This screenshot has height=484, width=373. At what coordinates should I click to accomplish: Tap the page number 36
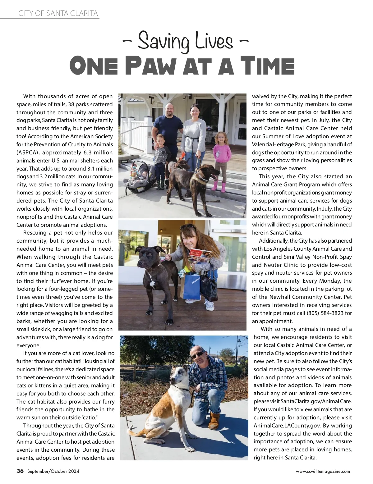(20, 471)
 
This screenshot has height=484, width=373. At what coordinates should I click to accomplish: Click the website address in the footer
(323, 471)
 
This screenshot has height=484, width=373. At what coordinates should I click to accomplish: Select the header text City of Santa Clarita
(58, 13)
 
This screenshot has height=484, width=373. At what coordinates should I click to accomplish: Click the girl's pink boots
(219, 186)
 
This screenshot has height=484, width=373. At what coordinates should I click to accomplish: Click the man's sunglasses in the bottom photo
(198, 354)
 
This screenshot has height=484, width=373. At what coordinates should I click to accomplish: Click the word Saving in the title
(163, 41)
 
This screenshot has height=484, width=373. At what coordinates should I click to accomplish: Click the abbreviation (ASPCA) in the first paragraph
(28, 153)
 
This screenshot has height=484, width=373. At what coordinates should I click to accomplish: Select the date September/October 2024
(53, 471)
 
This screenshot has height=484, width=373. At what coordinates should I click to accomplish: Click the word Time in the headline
(268, 66)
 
